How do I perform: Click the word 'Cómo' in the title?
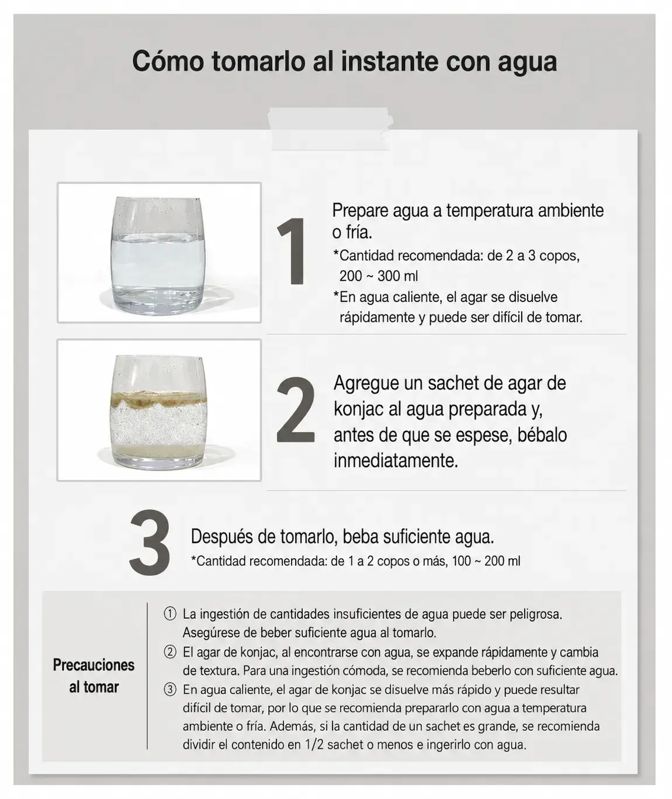point(168,61)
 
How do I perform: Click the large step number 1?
point(292,251)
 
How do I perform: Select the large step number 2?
point(295,410)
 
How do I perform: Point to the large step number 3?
point(150,542)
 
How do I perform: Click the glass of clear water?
point(158,256)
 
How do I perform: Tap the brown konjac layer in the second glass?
point(158,399)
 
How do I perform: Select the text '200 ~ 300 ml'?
point(379,276)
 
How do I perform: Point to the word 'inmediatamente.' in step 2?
point(396,461)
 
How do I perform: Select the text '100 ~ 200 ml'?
point(486,561)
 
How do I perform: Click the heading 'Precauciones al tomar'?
point(93,676)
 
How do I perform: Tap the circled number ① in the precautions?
point(170,614)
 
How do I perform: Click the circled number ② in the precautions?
point(170,652)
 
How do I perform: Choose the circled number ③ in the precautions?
point(170,690)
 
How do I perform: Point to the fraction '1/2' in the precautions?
point(314,745)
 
